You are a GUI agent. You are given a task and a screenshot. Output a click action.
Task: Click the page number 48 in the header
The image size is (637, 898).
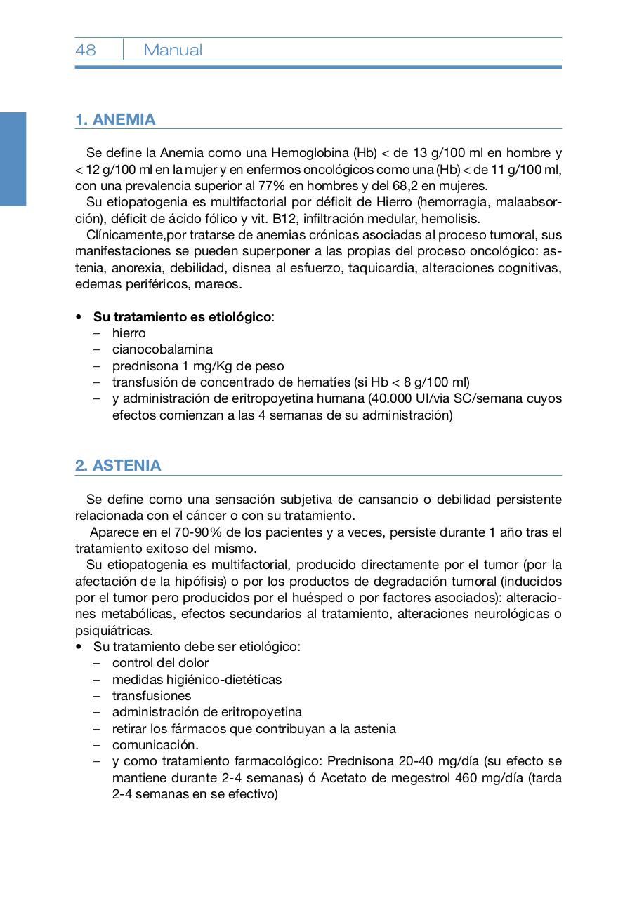tap(86, 50)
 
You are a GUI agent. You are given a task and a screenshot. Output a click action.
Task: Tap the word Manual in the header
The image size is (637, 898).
tap(173, 50)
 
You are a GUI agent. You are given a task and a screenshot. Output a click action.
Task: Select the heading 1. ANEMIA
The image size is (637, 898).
tap(115, 119)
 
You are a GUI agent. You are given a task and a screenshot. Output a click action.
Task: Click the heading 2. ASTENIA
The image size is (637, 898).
tap(118, 465)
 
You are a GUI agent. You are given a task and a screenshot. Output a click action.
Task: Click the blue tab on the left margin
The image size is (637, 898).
tap(13, 159)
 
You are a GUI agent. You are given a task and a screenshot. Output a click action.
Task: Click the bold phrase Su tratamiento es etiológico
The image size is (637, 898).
tap(182, 317)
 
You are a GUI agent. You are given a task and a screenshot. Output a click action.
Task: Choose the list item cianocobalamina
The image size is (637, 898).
tap(162, 349)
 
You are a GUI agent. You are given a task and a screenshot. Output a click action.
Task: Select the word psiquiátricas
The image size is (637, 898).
tap(114, 631)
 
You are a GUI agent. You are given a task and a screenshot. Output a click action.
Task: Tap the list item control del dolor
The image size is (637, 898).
tap(160, 663)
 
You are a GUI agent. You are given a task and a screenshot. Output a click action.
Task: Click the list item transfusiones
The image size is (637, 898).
tap(152, 696)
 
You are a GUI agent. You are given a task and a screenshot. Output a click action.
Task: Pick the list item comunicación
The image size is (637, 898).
tap(155, 745)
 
